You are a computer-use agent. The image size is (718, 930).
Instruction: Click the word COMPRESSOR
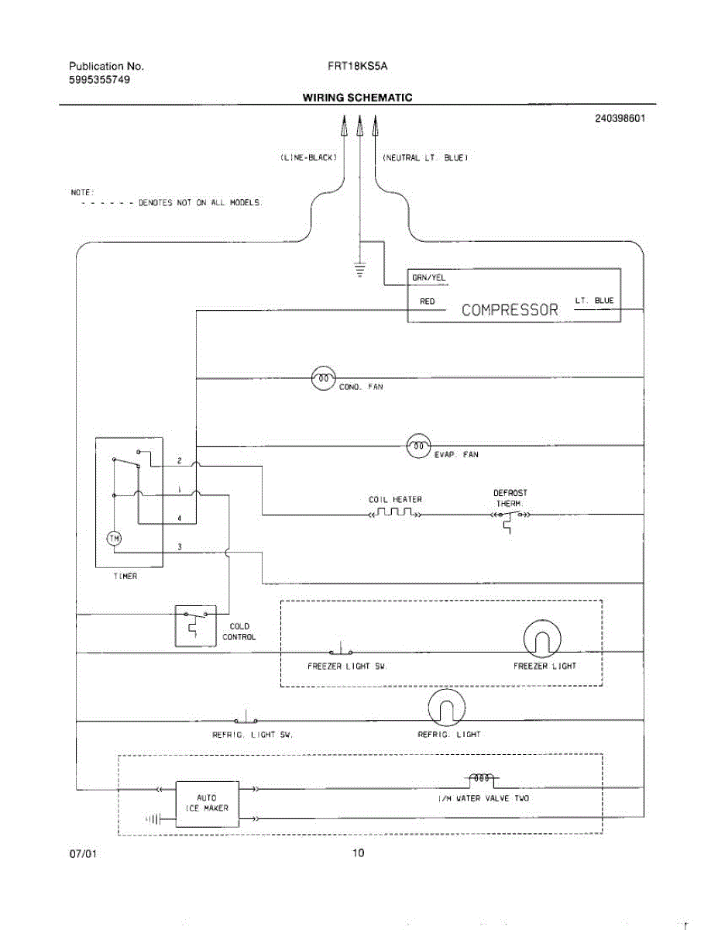point(510,310)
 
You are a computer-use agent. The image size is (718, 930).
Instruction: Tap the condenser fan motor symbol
point(323,377)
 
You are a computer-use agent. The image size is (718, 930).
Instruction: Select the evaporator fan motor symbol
point(418,446)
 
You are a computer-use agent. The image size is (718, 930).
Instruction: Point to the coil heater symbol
point(395,514)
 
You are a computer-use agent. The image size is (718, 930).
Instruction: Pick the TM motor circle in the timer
point(114,539)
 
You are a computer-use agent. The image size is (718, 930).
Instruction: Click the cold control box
point(195,625)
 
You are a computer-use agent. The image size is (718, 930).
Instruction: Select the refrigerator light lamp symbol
point(447,708)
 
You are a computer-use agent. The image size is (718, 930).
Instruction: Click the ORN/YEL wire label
point(429,277)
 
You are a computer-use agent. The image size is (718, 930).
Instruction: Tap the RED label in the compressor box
point(427,301)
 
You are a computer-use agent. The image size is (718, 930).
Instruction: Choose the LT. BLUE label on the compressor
point(594,301)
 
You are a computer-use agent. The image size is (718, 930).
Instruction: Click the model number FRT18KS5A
point(358,67)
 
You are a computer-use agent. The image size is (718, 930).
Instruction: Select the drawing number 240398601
point(620,119)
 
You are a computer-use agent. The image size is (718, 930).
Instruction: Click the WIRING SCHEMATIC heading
point(357,98)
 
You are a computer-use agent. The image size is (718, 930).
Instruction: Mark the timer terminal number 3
point(180,547)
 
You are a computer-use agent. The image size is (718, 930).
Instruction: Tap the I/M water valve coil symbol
point(480,777)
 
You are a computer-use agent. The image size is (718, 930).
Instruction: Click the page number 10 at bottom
point(358,853)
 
